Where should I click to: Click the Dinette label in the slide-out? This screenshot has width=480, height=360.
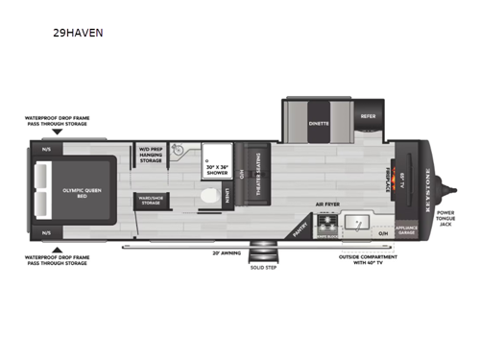coord(319,123)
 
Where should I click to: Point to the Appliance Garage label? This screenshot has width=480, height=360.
coord(404,230)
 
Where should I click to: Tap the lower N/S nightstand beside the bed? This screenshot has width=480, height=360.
coord(45,232)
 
